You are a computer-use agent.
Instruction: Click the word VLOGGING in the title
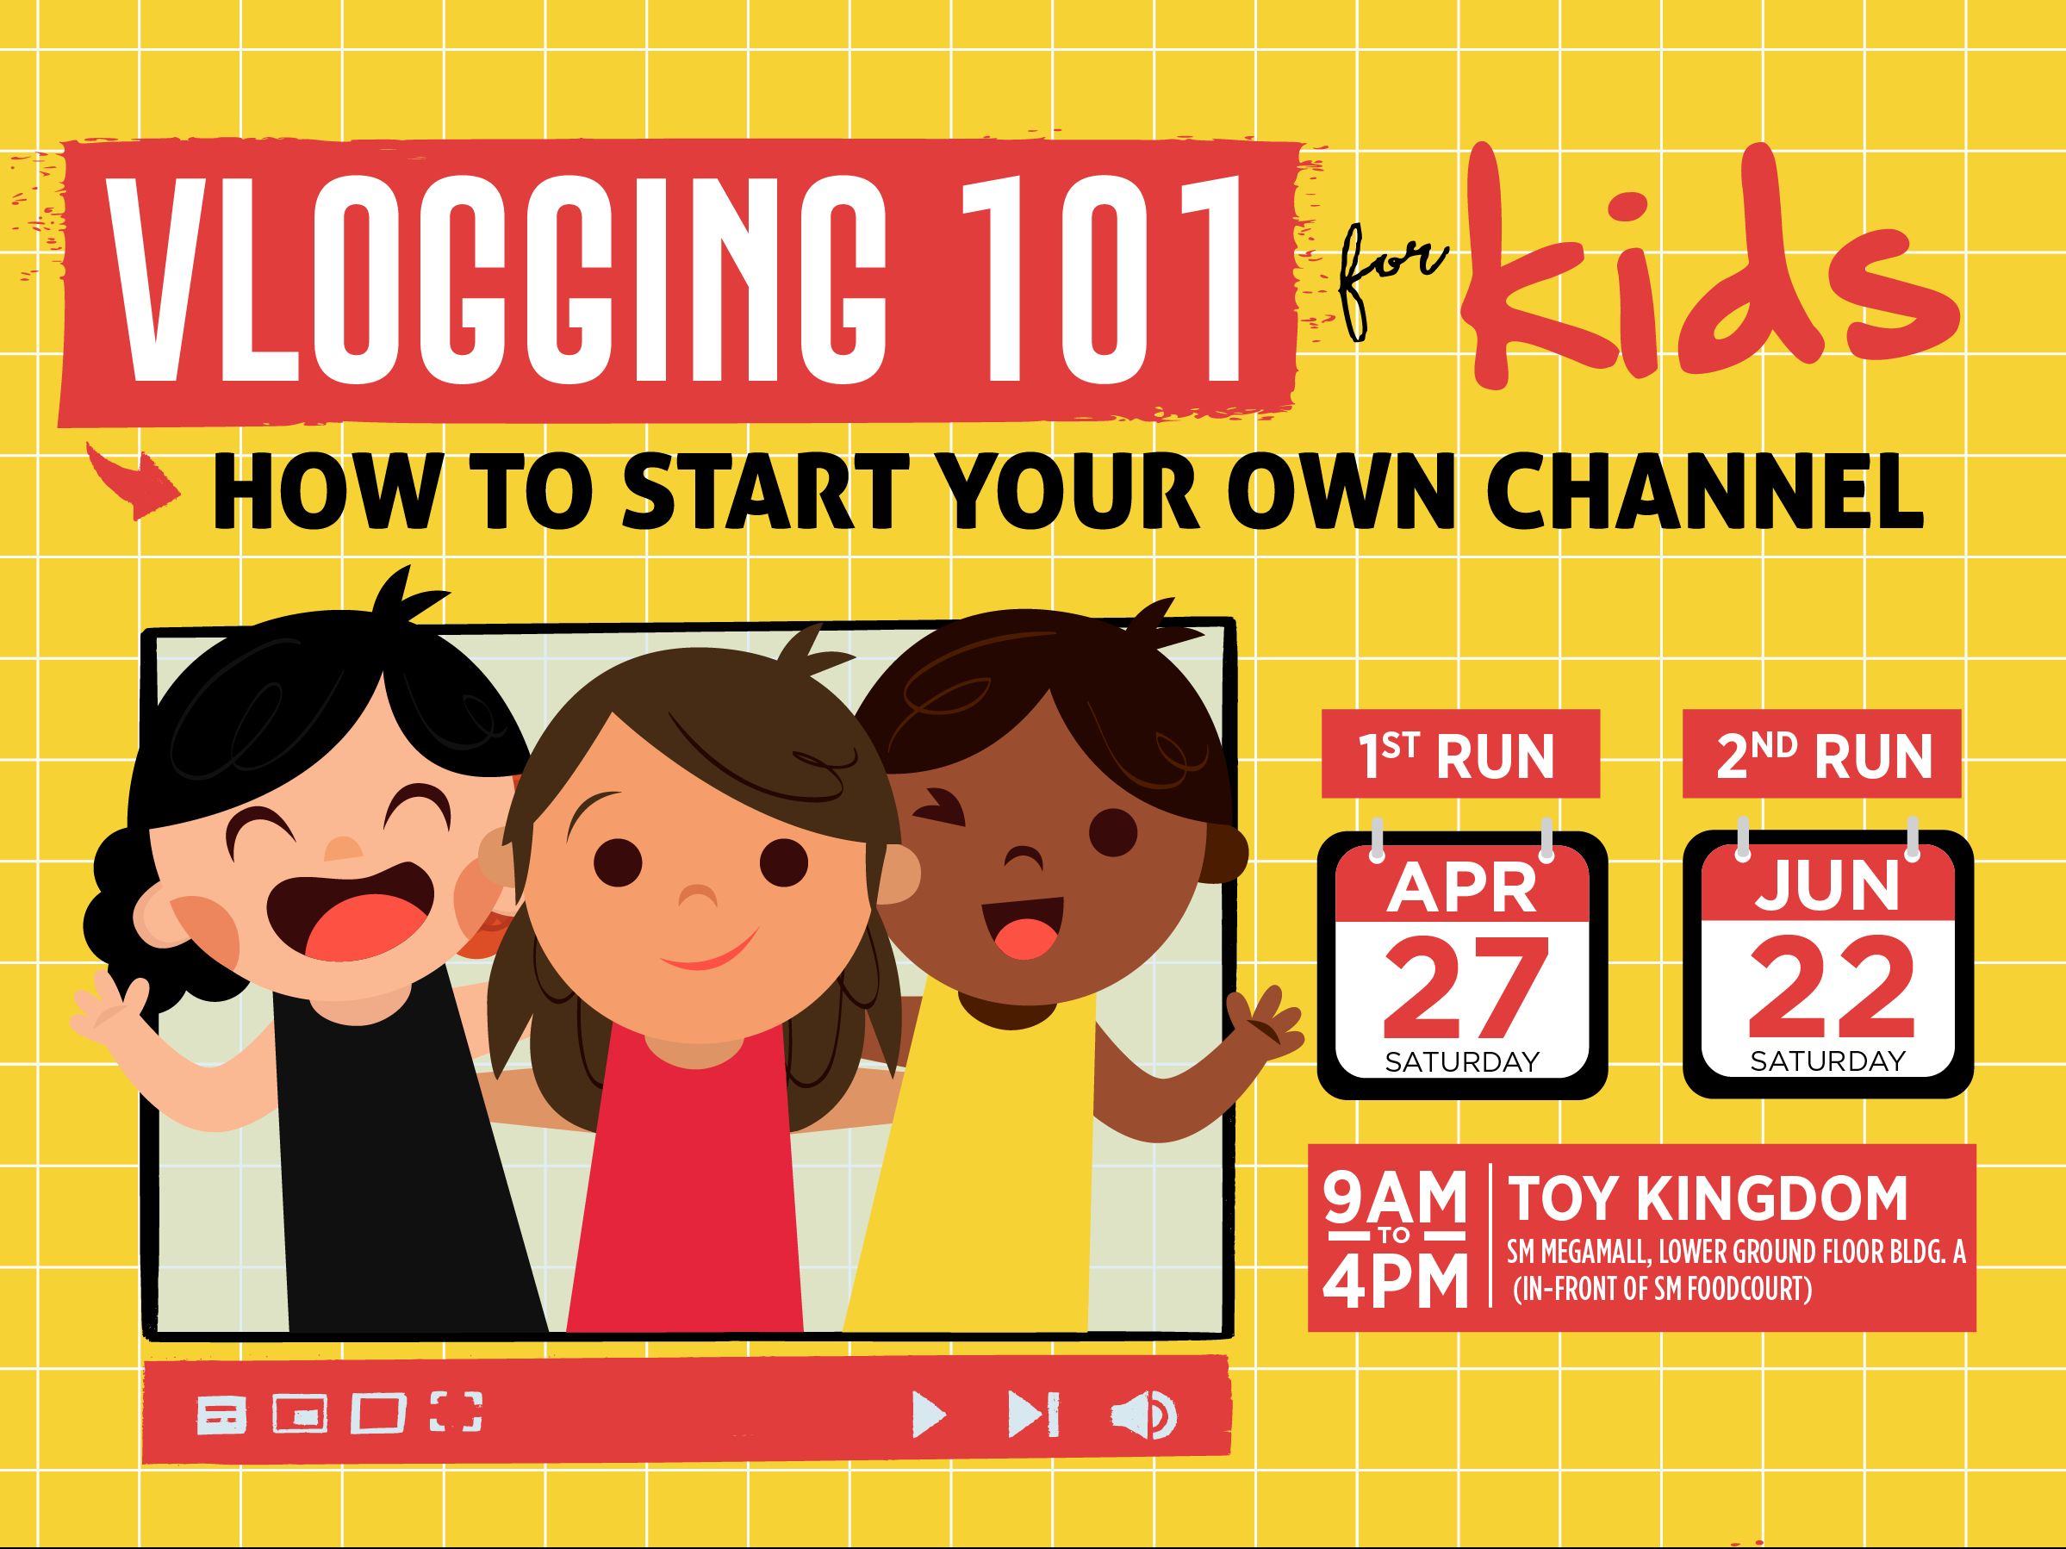pyautogui.click(x=495, y=280)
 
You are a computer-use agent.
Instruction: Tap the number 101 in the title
pyautogui.click(x=1102, y=280)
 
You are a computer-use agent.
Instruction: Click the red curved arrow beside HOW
pyautogui.click(x=135, y=481)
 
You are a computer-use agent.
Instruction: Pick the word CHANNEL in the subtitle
pyautogui.click(x=1704, y=492)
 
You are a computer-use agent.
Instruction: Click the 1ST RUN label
pyautogui.click(x=1459, y=755)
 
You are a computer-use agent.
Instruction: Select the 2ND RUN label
pyautogui.click(x=1821, y=755)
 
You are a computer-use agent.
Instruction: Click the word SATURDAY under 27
pyautogui.click(x=1462, y=1062)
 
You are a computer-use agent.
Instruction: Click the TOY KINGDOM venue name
pyautogui.click(x=1708, y=1199)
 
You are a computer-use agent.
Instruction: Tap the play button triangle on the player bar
pyautogui.click(x=927, y=1415)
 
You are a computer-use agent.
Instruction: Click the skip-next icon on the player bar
pyautogui.click(x=1033, y=1415)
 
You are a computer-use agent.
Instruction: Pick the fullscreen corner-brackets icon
pyautogui.click(x=456, y=1412)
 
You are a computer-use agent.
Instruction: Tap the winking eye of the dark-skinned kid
pyautogui.click(x=941, y=807)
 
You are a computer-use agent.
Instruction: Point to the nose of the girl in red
pyautogui.click(x=697, y=896)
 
